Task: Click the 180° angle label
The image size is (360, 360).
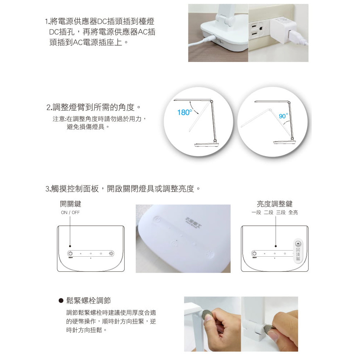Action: pos(184,113)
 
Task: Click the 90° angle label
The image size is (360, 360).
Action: pos(283,116)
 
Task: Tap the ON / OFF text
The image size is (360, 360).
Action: pos(70,212)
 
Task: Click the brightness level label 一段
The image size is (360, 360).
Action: pos(256,212)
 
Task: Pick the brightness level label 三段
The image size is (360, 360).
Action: pos(280,212)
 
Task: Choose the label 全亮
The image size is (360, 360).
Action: pos(293,212)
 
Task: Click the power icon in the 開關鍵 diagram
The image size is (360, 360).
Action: pos(71,254)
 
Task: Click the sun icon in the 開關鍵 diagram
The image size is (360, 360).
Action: pos(111,254)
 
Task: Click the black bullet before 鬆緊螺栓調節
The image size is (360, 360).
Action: pos(61,301)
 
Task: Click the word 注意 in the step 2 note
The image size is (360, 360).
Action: pos(59,119)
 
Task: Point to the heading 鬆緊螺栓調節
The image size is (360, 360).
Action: pos(91,301)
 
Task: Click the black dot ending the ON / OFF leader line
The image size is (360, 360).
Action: pos(71,246)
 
